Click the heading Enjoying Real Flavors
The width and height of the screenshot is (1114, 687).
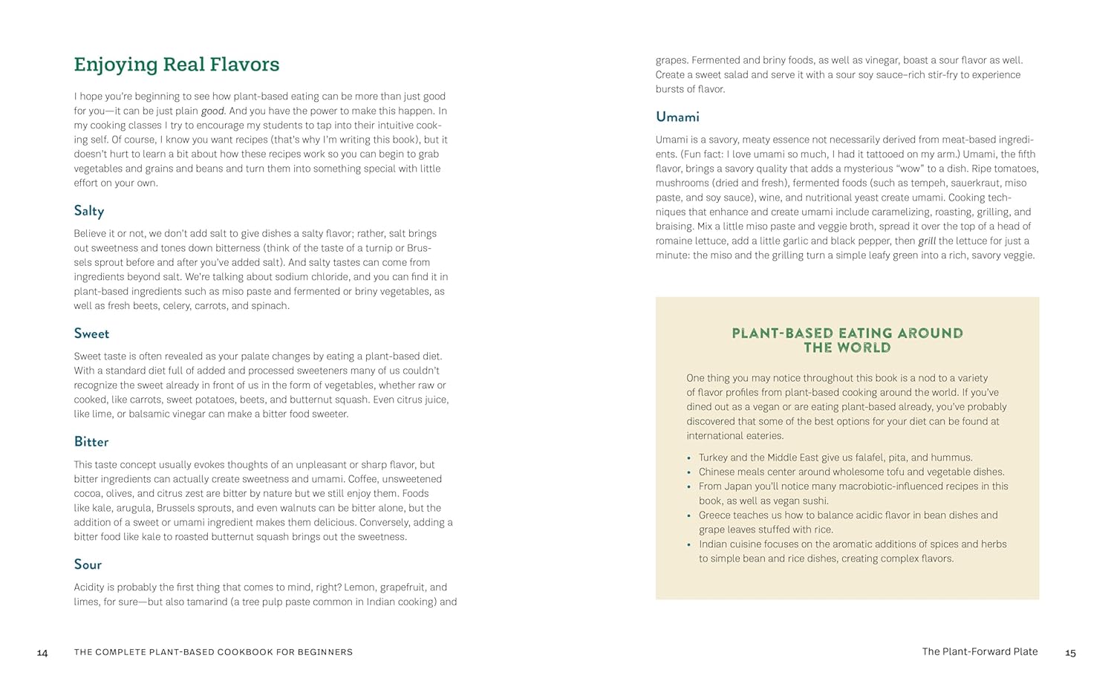177,65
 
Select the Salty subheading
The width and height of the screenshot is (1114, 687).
89,211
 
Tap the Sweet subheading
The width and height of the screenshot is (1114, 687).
91,333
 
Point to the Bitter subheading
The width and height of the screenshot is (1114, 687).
91,442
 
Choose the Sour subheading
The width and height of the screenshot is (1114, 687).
88,564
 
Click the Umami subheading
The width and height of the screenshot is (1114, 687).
677,117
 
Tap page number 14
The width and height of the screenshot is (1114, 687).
42,653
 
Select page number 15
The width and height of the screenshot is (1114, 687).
1070,653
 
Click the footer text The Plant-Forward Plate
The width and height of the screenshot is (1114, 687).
980,651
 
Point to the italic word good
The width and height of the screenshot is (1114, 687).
212,111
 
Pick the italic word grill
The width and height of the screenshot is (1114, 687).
927,241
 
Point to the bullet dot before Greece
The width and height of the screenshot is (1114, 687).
689,516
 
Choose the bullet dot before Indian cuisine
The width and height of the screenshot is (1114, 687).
689,545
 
